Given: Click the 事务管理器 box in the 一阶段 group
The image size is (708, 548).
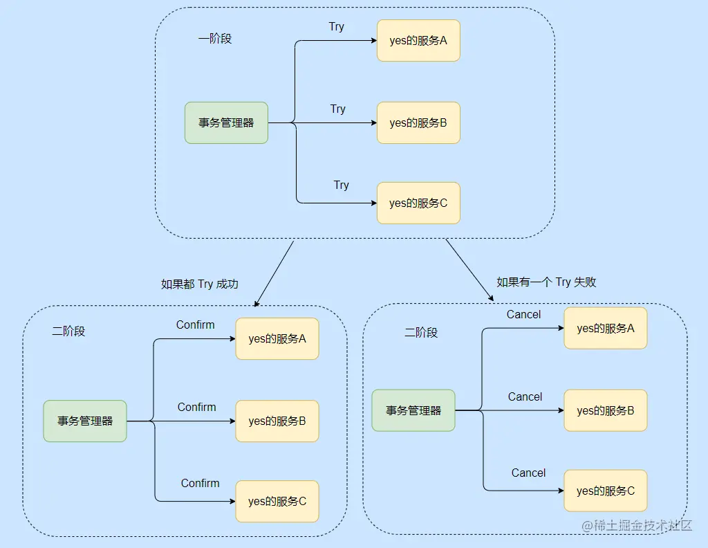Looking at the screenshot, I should (x=226, y=123).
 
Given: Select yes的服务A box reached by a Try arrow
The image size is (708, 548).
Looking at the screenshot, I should (x=418, y=41).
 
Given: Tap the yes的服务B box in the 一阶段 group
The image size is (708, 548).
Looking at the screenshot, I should (x=418, y=123).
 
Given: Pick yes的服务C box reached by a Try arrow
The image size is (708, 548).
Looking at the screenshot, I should (x=418, y=203).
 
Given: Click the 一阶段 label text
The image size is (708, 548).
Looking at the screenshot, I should (x=215, y=39).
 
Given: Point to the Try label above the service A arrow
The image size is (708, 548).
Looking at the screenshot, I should (x=336, y=27).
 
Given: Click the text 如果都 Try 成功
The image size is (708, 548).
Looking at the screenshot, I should (x=200, y=284).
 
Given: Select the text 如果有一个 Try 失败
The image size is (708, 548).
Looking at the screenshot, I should (x=546, y=282).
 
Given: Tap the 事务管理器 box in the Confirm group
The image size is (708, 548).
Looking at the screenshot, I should (x=85, y=421).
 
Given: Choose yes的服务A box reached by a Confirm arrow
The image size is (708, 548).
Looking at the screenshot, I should (x=277, y=339).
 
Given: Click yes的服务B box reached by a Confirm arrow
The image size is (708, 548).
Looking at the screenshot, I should (x=277, y=421).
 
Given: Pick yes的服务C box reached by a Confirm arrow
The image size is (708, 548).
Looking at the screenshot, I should (x=277, y=501).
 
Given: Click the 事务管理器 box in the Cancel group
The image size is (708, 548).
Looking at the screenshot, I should (x=413, y=410).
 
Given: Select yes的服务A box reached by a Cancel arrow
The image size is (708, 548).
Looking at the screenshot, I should (x=606, y=328).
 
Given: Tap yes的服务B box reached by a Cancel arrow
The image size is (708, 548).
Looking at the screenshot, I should (x=606, y=410).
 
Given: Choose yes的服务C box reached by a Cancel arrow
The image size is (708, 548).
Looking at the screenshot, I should (x=606, y=491).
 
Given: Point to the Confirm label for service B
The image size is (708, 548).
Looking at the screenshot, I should (x=197, y=407).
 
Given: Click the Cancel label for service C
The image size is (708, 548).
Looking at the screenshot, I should (x=528, y=473).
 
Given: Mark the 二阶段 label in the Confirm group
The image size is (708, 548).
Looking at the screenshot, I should (x=68, y=331).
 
